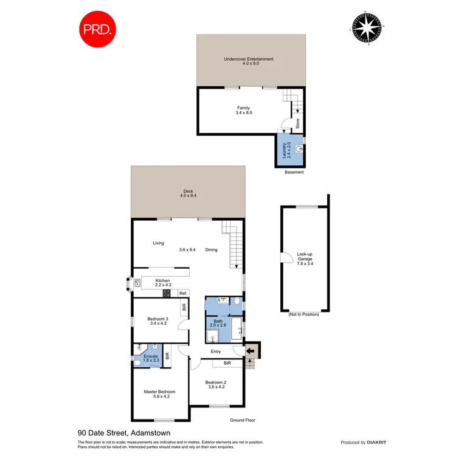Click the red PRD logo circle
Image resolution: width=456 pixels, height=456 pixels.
[x=98, y=29]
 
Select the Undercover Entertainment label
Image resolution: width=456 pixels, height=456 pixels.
[x=249, y=61]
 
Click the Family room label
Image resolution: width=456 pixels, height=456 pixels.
[x=243, y=110]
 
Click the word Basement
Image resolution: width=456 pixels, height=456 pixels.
[x=294, y=172]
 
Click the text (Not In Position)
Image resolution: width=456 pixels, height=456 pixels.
[x=303, y=314]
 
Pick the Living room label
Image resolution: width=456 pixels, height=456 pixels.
[x=158, y=243]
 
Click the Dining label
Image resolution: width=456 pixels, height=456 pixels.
[x=211, y=249]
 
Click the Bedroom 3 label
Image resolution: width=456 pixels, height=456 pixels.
[x=158, y=321]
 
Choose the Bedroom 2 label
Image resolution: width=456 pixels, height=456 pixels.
[x=217, y=384]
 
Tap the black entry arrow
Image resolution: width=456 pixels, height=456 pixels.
[x=250, y=351]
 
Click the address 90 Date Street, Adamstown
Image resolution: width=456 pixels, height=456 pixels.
[x=123, y=433]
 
